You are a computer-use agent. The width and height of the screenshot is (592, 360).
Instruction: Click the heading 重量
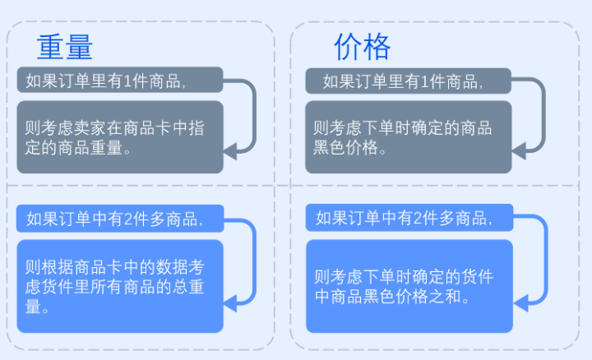pos(65,47)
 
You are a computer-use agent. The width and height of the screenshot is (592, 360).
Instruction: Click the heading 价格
pos(362,47)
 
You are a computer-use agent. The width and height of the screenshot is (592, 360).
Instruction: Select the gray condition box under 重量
pos(120,80)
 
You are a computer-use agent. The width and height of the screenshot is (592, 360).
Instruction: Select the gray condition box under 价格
pos(408,81)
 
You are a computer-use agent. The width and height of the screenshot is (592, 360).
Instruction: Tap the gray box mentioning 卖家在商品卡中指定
pos(120,137)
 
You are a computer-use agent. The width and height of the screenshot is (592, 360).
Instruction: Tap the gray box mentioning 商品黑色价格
pos(408,137)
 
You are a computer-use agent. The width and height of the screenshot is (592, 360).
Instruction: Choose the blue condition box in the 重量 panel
pos(120,219)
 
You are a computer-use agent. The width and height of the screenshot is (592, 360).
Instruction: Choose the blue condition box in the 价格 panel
pos(409,218)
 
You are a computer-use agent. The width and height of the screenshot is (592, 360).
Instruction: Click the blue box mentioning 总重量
pos(120,286)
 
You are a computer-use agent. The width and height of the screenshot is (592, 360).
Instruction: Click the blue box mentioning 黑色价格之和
pos(409,286)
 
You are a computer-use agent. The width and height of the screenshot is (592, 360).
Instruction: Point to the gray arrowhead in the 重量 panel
pos(230,151)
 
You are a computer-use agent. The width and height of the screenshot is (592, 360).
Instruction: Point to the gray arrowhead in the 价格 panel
pos(518,151)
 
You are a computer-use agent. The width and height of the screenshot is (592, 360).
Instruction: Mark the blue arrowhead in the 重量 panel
pos(230,303)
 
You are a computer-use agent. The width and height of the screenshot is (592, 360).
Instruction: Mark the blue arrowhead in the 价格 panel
pos(520,303)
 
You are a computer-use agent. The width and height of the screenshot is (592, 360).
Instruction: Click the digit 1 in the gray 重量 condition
pos(127,81)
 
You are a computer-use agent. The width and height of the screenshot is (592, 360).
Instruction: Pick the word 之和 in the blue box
pos(446,297)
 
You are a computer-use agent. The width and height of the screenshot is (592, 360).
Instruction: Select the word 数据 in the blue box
pos(172,267)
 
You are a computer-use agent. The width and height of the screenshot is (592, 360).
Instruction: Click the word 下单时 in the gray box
pos(386,128)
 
